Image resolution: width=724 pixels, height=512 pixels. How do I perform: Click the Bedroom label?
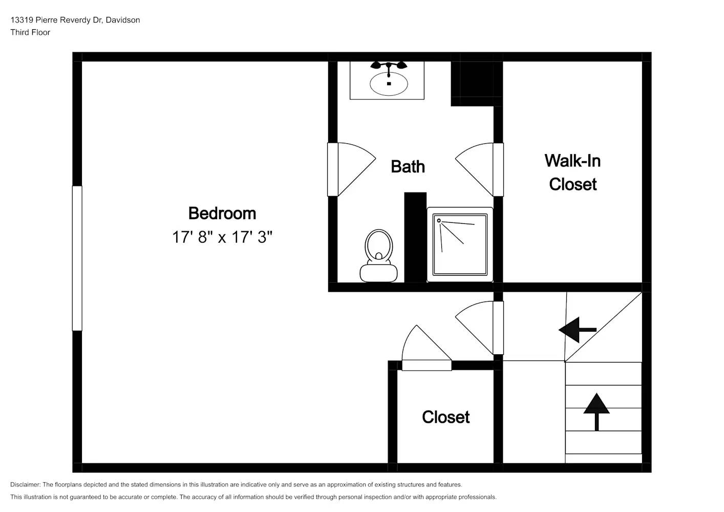pyautogui.click(x=222, y=213)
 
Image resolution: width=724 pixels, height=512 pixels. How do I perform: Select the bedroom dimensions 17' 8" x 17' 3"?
pyautogui.click(x=222, y=237)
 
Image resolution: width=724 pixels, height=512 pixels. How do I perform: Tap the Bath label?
pyautogui.click(x=408, y=166)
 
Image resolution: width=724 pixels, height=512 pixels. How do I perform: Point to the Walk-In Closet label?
pyautogui.click(x=572, y=173)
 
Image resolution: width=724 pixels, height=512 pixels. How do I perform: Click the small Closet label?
pyautogui.click(x=445, y=417)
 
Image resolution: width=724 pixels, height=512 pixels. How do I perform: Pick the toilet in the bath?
pyautogui.click(x=378, y=256)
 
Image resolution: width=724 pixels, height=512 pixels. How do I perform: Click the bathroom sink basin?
pyautogui.click(x=389, y=84)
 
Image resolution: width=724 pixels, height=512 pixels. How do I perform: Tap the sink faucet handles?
pyautogui.click(x=389, y=66)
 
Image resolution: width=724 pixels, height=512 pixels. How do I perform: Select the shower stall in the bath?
pyautogui.click(x=460, y=245)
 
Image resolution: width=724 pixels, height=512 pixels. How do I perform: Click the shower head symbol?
pyautogui.click(x=439, y=221)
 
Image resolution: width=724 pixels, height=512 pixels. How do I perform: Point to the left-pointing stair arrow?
pyautogui.click(x=577, y=330)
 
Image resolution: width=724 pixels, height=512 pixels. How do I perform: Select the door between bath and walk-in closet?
pyautogui.click(x=479, y=169)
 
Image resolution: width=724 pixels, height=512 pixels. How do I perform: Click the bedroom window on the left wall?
pyautogui.click(x=77, y=258)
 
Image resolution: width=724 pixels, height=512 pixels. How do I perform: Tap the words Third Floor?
pyautogui.click(x=30, y=32)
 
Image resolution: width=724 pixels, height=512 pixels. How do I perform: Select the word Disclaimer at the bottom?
pyautogui.click(x=25, y=484)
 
